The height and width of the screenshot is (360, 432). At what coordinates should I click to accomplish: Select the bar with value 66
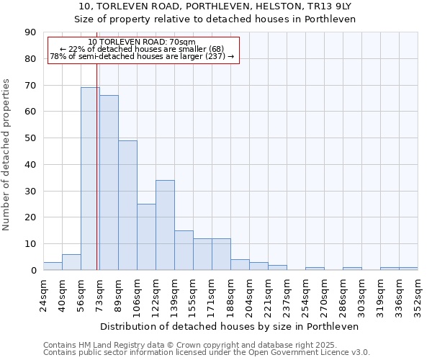pyautogui.click(x=109, y=183)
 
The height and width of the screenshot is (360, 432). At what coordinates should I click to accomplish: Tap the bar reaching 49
pyautogui.click(x=127, y=205)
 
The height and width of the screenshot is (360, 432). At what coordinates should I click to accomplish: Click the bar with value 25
pyautogui.click(x=146, y=237)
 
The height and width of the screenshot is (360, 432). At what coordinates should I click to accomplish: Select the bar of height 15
pyautogui.click(x=184, y=250)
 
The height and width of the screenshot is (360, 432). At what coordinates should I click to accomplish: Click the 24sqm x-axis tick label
pyautogui.click(x=44, y=295)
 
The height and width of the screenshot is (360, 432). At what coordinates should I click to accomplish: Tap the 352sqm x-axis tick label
pyautogui.click(x=418, y=295)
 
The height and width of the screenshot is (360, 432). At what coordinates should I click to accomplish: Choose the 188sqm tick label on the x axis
pyautogui.click(x=231, y=295)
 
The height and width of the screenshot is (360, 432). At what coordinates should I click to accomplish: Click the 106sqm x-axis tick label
pyautogui.click(x=138, y=295)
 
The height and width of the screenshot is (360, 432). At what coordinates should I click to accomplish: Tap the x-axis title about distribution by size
pyautogui.click(x=230, y=326)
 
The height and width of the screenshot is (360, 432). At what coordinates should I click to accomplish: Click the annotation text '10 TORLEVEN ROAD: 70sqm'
pyautogui.click(x=142, y=42)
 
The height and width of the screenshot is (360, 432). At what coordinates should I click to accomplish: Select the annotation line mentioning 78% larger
pyautogui.click(x=142, y=56)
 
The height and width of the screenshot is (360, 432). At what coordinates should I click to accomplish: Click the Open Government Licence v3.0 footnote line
pyautogui.click(x=207, y=353)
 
